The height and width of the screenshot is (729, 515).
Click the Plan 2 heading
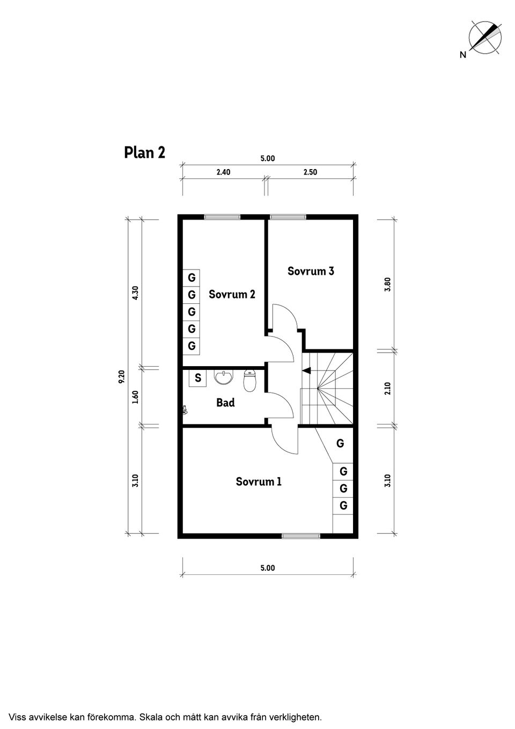[145, 152]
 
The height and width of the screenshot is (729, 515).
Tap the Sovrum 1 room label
[259, 482]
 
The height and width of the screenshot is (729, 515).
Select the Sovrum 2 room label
[232, 294]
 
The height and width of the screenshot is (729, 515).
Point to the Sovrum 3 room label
[311, 271]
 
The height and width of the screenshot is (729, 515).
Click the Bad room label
[225, 403]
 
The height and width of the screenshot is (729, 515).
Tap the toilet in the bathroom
[249, 381]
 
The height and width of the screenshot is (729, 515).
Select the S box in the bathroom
[197, 378]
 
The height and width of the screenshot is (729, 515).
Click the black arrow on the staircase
[306, 370]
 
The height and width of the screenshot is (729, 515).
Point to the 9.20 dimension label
[122, 377]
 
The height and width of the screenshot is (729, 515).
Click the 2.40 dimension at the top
[223, 172]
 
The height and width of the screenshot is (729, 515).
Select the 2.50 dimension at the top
[310, 172]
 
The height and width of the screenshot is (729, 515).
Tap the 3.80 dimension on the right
[387, 285]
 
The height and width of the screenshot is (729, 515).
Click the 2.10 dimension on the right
[387, 388]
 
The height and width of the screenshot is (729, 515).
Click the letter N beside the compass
[463, 55]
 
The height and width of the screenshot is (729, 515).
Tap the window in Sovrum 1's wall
[301, 536]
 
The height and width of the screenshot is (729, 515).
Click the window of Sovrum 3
[288, 217]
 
